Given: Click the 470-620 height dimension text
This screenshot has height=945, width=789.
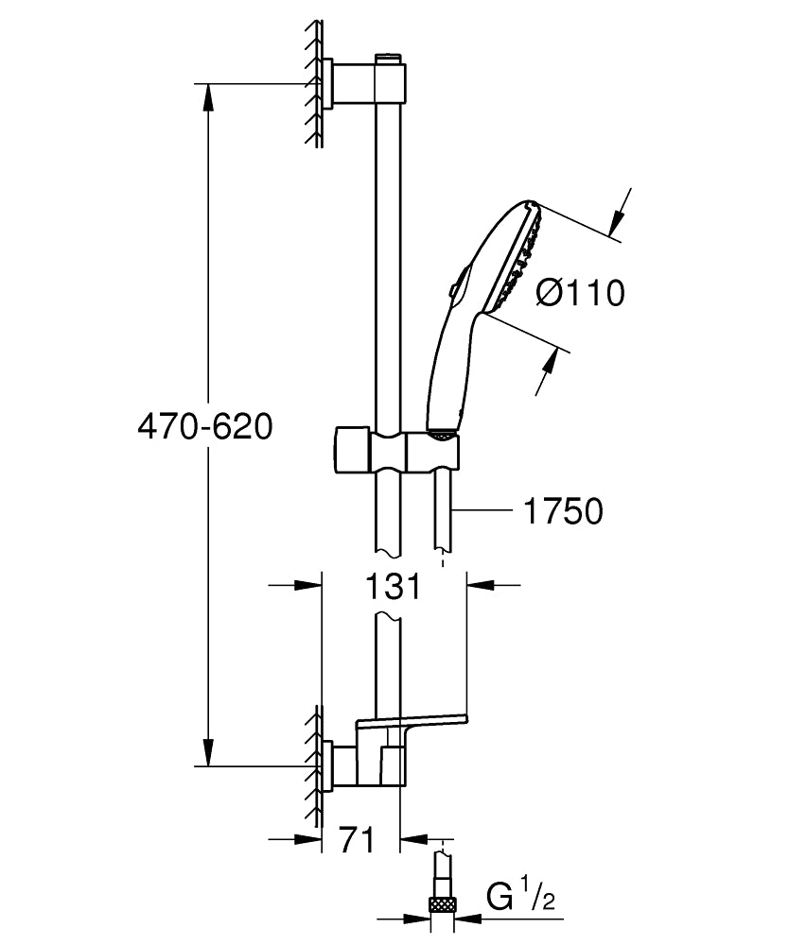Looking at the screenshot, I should coord(204,427).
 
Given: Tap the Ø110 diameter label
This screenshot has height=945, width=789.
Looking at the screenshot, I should coord(580,294).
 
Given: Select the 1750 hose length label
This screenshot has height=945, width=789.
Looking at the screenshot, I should coord(562,511).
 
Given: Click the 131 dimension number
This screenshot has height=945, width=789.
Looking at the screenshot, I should coord(391,587).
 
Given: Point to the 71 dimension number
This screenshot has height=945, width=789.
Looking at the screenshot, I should coord(357,838).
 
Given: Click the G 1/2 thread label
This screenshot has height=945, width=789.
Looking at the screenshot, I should coord(519,896).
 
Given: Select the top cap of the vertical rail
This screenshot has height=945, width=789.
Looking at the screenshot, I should coord(388,60).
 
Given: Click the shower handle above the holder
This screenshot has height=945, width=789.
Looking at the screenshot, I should coord(449,378).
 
